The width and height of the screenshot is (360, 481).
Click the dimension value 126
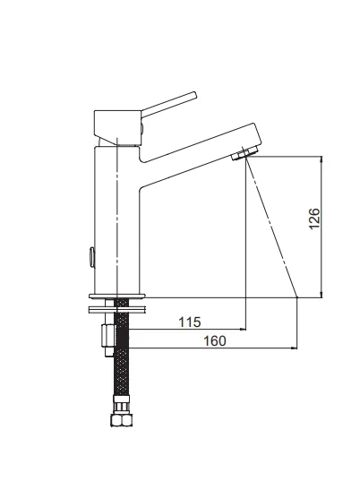[314, 219]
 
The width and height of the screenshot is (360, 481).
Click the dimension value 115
[190, 322]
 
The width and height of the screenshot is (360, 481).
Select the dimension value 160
[215, 340]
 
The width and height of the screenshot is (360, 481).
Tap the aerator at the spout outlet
[244, 153]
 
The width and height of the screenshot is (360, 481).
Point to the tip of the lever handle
[194, 94]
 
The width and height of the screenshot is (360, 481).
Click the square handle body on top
[117, 127]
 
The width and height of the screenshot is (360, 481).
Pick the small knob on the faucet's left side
[91, 257]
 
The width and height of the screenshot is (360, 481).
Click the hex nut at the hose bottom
[122, 419]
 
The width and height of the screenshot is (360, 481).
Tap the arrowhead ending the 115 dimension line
[244, 329]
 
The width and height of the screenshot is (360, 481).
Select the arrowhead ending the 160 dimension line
[295, 348]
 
